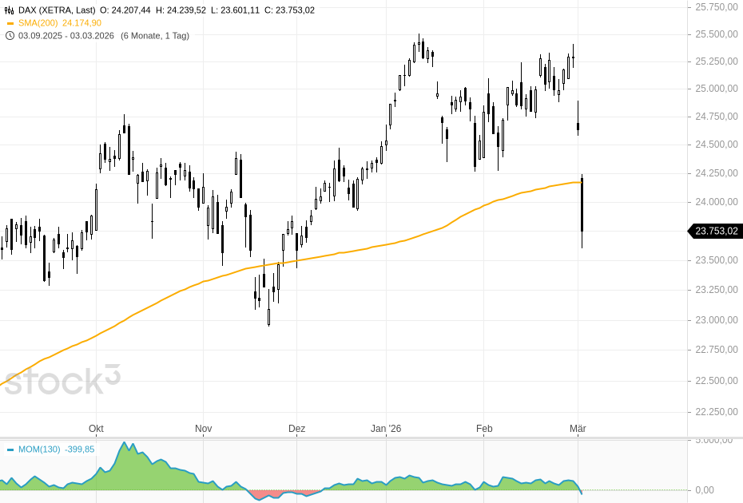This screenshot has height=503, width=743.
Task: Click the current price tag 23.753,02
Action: click(x=715, y=232)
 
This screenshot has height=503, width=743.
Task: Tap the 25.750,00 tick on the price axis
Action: click(x=716, y=7)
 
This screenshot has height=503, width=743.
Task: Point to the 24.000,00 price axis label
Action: click(x=716, y=202)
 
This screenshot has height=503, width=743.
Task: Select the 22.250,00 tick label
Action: click(x=716, y=411)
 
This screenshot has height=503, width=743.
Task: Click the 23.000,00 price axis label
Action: click(x=716, y=320)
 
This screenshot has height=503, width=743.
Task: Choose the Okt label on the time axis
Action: click(x=96, y=429)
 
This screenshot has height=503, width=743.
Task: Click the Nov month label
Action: click(x=203, y=429)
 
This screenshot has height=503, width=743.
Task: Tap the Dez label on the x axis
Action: click(x=296, y=429)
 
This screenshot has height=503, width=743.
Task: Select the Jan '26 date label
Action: click(x=386, y=429)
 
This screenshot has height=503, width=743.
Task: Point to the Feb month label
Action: click(x=484, y=429)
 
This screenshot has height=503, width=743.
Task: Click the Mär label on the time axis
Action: click(x=578, y=429)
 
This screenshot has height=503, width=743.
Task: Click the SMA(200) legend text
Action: click(x=39, y=23)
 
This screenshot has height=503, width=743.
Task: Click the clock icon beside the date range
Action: click(x=10, y=36)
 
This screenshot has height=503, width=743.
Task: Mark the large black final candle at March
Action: click(x=582, y=206)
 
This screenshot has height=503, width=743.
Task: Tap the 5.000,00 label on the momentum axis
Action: click(x=715, y=440)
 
